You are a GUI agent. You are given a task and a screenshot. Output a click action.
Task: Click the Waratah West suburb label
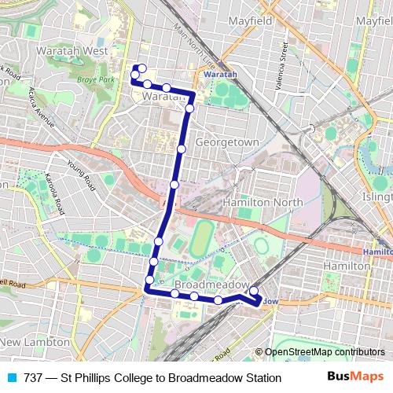click(x=72, y=50)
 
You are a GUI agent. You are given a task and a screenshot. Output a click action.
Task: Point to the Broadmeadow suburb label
click(x=211, y=284)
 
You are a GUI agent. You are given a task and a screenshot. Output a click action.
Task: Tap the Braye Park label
click(x=96, y=80)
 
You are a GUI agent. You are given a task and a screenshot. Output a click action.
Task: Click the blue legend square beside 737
click(x=13, y=377)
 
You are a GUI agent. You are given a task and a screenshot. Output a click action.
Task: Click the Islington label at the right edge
click(x=380, y=196)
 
